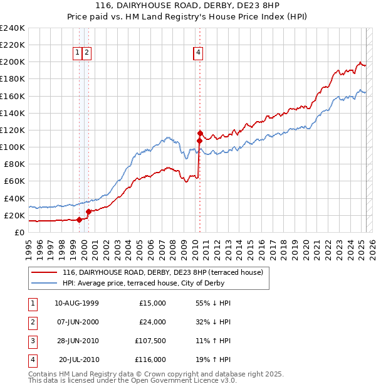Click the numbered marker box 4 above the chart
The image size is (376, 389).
click(x=197, y=53)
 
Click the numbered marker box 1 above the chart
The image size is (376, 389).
click(x=77, y=53)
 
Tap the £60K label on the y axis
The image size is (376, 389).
click(x=14, y=181)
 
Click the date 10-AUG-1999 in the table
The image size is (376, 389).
click(x=76, y=303)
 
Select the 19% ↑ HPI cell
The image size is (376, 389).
click(x=213, y=360)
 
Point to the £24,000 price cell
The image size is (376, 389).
click(x=152, y=322)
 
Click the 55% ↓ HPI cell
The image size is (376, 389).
click(x=213, y=303)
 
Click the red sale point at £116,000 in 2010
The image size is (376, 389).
click(x=200, y=133)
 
